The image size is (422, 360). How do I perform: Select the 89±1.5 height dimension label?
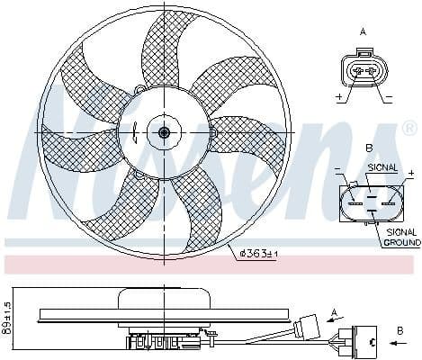pos(8,315)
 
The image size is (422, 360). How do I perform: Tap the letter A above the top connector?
pos(364,31)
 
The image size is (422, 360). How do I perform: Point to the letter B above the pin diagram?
pos(367,148)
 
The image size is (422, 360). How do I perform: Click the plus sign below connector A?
pos(339,96)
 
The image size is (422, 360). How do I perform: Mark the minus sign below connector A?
pos(390,96)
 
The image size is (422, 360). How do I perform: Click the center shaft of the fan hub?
pos(164,133)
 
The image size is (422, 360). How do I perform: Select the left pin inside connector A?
pos(357,70)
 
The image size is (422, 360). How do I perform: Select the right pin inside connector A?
pos(371,70)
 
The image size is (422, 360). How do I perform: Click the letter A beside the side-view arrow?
pos(335,313)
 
